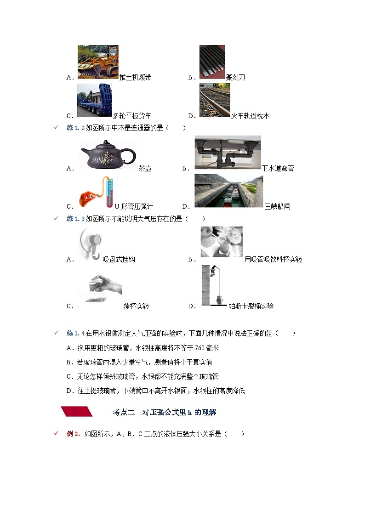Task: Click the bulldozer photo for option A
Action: click(x=97, y=62)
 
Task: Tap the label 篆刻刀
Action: click(x=235, y=77)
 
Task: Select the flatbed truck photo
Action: click(x=94, y=100)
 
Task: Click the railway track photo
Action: click(x=214, y=100)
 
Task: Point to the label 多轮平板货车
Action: click(x=132, y=116)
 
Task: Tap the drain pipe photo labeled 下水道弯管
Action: click(x=227, y=153)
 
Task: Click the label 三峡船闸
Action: click(x=277, y=206)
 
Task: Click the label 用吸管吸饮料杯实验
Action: click(x=273, y=259)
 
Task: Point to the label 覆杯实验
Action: click(x=136, y=306)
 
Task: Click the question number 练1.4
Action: click(x=76, y=333)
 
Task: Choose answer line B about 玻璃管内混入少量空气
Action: click(x=139, y=362)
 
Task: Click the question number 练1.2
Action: click(x=76, y=128)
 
